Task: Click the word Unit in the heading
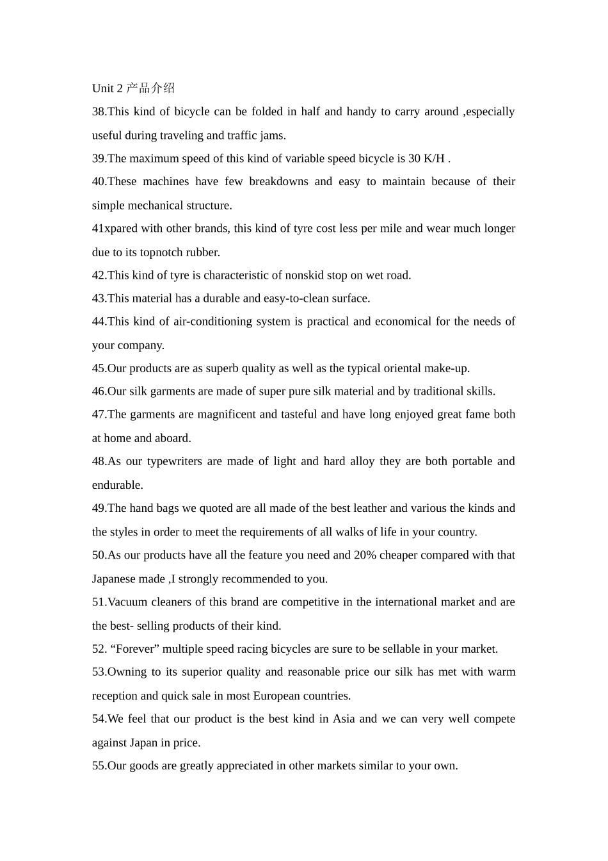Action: pos(103,88)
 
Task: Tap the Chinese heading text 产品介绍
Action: pos(150,88)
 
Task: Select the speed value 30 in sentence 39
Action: pos(414,158)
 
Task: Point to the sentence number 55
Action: pos(99,766)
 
